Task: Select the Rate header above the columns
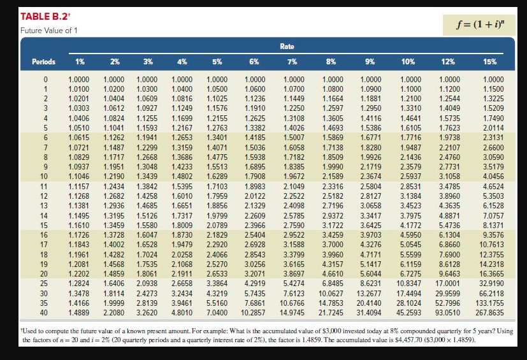[x=287, y=47]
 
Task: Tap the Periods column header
[x=44, y=62]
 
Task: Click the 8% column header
[x=331, y=62]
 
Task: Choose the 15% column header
[x=489, y=62]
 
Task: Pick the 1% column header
[x=80, y=62]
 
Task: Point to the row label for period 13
[x=45, y=206]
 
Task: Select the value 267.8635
[x=488, y=313]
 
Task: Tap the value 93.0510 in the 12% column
[x=447, y=313]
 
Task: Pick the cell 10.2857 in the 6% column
[x=254, y=313]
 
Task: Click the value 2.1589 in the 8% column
[x=332, y=175]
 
